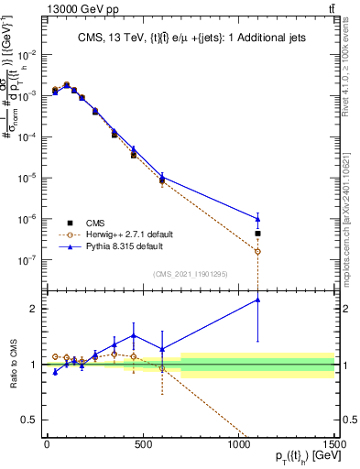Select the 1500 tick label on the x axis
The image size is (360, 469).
[x=333, y=444]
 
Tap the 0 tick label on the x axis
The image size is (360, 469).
[x=47, y=444]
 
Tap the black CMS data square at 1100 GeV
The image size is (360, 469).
[x=257, y=234]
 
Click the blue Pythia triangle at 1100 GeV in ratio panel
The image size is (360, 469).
[x=257, y=300]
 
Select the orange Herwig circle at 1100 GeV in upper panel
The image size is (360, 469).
[x=257, y=251]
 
